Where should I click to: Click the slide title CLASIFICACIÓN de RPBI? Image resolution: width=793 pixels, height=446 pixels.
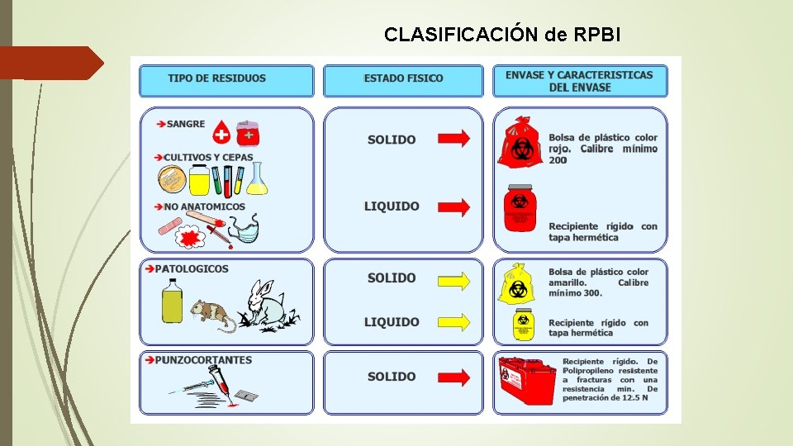(x=502, y=34)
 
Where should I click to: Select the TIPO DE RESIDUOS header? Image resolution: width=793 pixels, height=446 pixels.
(x=216, y=78)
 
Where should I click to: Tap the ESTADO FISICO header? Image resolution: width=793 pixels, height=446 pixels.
(x=403, y=78)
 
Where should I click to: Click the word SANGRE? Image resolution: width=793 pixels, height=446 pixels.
(x=186, y=124)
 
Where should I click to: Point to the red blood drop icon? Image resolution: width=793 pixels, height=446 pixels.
(x=221, y=132)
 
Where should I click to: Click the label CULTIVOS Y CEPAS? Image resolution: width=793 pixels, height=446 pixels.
(x=208, y=157)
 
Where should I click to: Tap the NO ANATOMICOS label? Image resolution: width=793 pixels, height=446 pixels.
(x=204, y=206)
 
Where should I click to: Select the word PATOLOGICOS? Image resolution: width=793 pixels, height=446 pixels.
(x=192, y=268)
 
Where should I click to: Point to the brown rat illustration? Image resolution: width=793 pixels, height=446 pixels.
(x=211, y=314)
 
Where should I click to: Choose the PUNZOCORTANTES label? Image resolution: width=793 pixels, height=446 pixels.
(x=203, y=360)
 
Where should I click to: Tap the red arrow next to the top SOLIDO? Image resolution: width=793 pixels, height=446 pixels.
(x=453, y=138)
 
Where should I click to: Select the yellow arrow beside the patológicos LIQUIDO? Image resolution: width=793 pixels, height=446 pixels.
(x=453, y=322)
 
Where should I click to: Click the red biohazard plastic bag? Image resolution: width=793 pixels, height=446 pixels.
(x=520, y=142)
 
